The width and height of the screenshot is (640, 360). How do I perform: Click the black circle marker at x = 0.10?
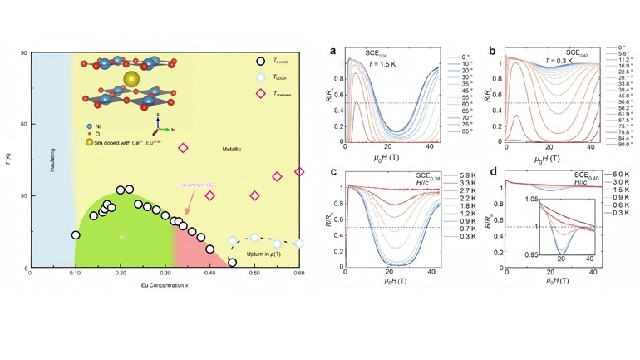click(x=76, y=235)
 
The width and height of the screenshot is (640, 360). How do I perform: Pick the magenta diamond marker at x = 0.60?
click(x=299, y=171)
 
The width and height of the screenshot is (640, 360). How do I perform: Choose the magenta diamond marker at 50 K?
click(x=183, y=148)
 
